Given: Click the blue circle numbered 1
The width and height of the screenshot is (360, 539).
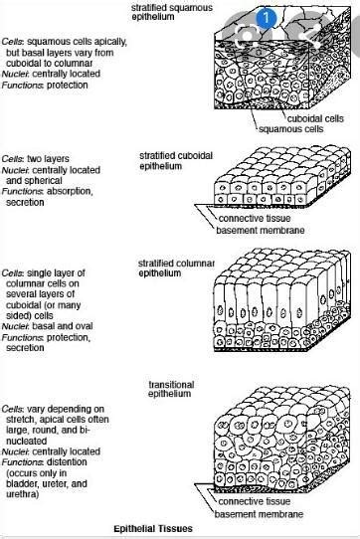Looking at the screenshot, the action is [267, 17].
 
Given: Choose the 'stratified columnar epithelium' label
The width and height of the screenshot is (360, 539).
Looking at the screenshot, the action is [174, 268].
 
